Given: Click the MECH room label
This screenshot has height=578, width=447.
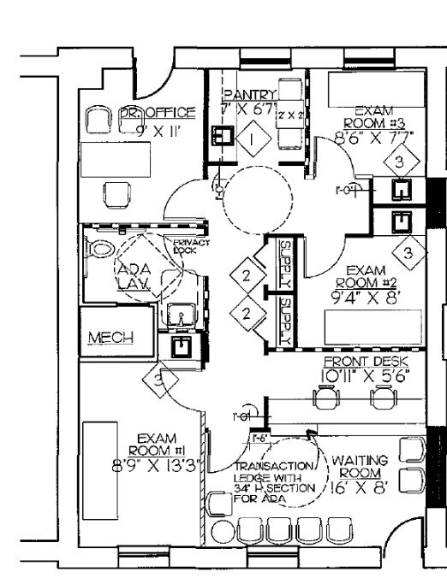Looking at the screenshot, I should click(x=112, y=338).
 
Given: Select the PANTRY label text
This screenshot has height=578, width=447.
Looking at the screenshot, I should click(x=249, y=95).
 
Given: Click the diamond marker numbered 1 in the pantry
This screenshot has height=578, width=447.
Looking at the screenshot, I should click(x=253, y=136).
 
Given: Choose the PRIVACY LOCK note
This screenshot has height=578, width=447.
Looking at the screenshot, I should click(x=186, y=246).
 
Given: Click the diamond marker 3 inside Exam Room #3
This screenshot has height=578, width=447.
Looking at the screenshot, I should click(x=398, y=160).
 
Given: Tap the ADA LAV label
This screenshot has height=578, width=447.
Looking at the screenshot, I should click(x=133, y=273).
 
